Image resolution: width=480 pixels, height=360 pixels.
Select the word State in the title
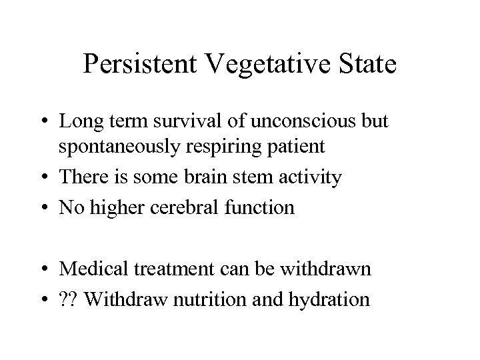tap(363, 65)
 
